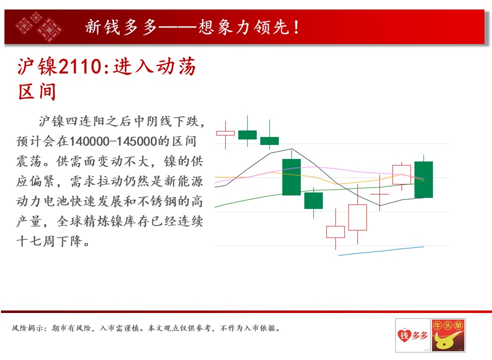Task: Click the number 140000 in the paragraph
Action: click(89, 141)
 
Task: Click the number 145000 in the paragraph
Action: click(137, 141)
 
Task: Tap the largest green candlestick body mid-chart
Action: click(291, 177)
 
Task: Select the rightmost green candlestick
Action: click(423, 179)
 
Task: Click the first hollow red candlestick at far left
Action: click(225, 133)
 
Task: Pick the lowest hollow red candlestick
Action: click(335, 231)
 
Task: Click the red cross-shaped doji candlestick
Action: click(380, 194)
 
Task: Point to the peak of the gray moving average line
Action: click(292, 149)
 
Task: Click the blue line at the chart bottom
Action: click(381, 251)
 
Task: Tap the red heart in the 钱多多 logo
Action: click(404, 335)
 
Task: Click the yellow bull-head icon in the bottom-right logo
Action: click(444, 341)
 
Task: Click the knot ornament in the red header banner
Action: click(39, 27)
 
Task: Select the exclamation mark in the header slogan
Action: click(296, 27)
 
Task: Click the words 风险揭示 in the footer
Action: click(28, 328)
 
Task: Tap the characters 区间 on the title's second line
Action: click(37, 91)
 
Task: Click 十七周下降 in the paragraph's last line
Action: click(50, 241)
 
